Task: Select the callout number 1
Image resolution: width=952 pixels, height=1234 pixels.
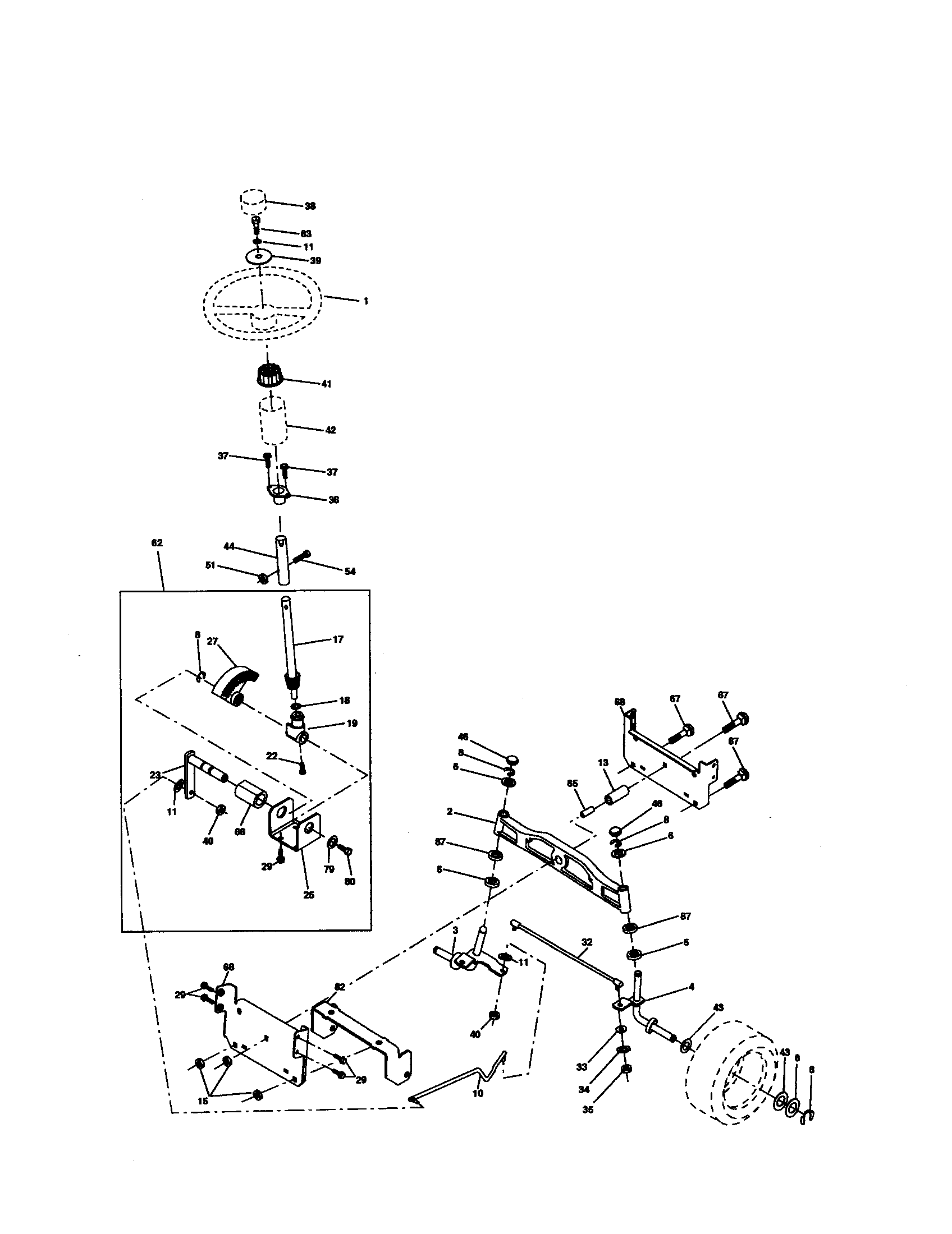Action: click(x=366, y=302)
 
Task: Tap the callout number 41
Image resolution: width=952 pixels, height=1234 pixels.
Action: click(x=326, y=384)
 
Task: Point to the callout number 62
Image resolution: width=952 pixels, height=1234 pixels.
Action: click(x=157, y=543)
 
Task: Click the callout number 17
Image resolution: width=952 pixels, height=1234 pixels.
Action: click(x=337, y=639)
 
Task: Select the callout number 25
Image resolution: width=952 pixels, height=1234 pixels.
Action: click(x=309, y=895)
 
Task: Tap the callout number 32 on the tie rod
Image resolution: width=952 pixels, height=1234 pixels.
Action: click(x=587, y=942)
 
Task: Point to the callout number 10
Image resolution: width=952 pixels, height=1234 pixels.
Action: click(x=478, y=1093)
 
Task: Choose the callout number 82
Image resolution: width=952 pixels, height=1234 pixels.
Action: click(x=340, y=987)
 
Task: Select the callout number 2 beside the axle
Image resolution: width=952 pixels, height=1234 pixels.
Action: click(x=450, y=812)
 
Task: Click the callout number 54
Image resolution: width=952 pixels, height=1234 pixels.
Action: click(x=350, y=572)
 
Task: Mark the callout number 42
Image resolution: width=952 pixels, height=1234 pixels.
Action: click(x=331, y=430)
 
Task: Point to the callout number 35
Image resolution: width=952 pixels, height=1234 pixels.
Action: click(x=588, y=1109)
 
